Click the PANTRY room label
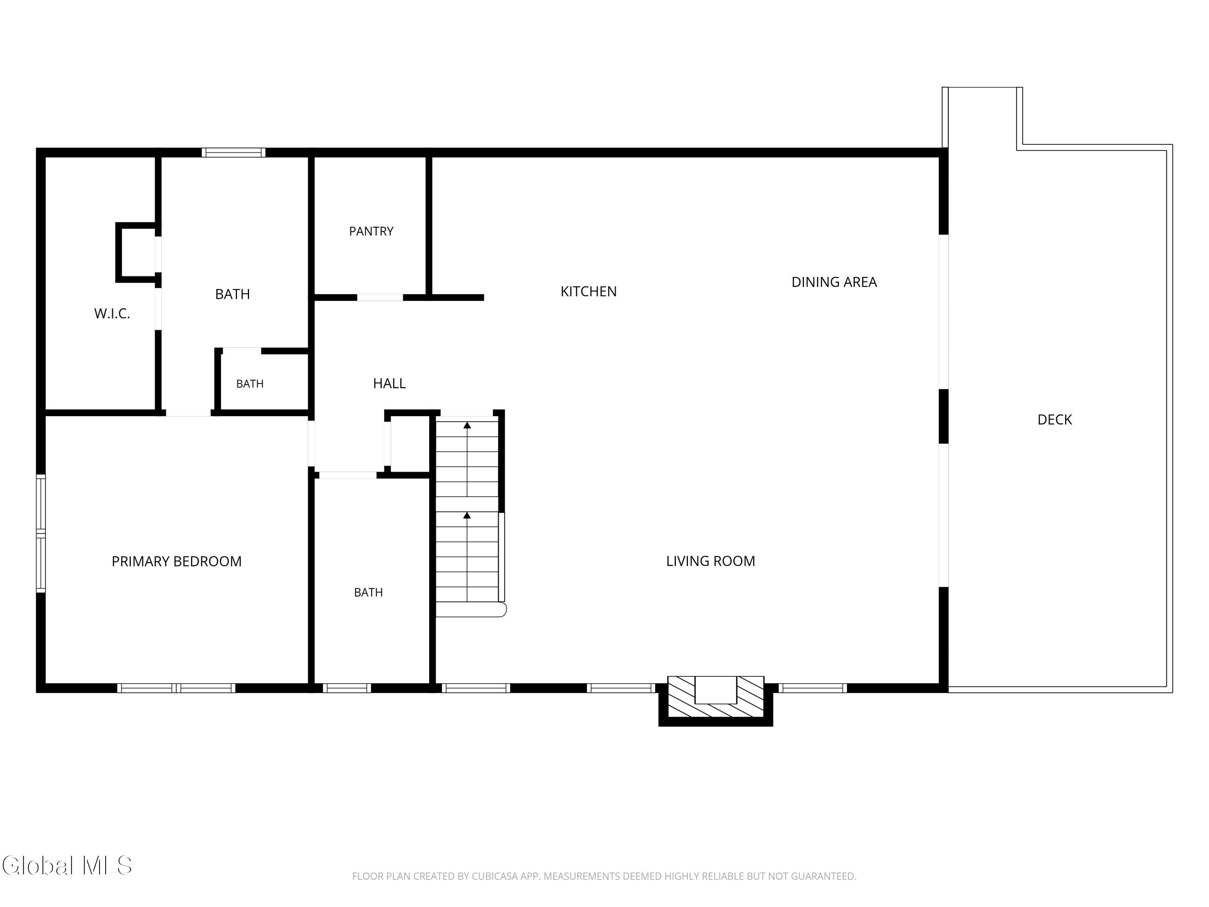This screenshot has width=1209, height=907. pyautogui.click(x=371, y=231)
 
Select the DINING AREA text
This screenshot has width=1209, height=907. pyautogui.click(x=834, y=282)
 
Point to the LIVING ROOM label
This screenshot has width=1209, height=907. pyautogui.click(x=710, y=561)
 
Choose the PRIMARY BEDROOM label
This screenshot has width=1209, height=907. pyautogui.click(x=177, y=562)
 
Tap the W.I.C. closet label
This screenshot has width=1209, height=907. pyautogui.click(x=112, y=313)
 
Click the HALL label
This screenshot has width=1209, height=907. pyautogui.click(x=389, y=383)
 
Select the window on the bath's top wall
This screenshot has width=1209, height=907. pyautogui.click(x=233, y=152)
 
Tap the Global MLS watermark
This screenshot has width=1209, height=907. pyautogui.click(x=66, y=865)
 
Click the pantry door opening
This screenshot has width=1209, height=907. pyautogui.click(x=380, y=297)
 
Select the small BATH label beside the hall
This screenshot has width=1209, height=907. pyautogui.click(x=250, y=384)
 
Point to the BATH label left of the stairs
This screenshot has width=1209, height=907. pyautogui.click(x=368, y=592)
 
